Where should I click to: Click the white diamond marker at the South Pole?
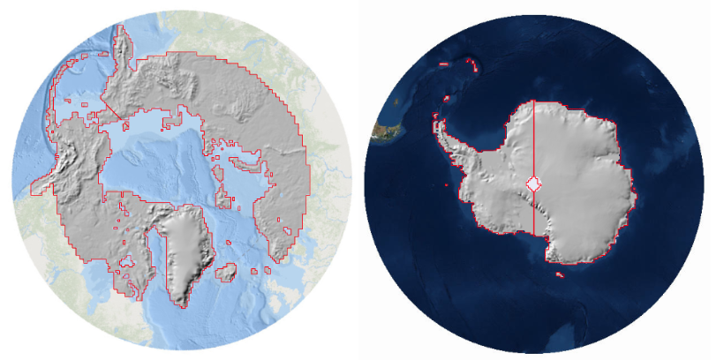(534, 184)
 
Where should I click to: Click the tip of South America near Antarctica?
(386, 131)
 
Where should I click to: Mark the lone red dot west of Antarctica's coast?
(448, 185)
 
